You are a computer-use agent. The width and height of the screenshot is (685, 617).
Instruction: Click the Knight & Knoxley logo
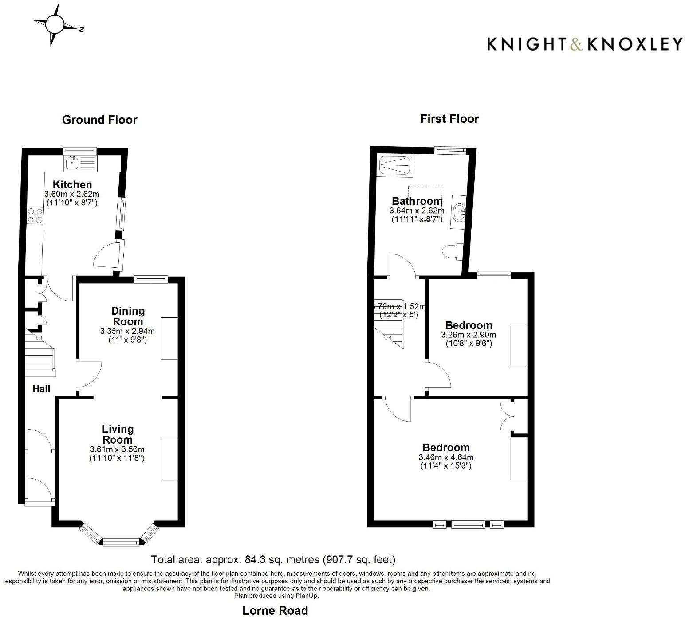pyautogui.click(x=584, y=44)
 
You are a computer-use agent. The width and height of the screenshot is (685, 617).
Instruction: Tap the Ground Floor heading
pyautogui.click(x=99, y=120)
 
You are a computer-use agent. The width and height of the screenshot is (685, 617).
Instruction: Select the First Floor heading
pyautogui.click(x=449, y=119)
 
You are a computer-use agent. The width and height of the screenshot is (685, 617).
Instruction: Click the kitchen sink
pyautogui.click(x=71, y=164)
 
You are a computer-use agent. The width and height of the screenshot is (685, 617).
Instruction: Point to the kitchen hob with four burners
pyautogui.click(x=35, y=215)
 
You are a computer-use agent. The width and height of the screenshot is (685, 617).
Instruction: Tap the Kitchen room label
pyautogui.click(x=72, y=184)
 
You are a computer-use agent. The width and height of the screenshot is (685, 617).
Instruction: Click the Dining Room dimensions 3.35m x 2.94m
pyautogui.click(x=127, y=331)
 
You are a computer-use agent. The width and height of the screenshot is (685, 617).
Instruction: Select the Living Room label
pyautogui.click(x=118, y=434)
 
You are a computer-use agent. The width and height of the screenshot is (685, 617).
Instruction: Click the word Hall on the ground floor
pyautogui.click(x=41, y=389)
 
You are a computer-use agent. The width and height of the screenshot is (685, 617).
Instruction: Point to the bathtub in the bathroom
pyautogui.click(x=395, y=166)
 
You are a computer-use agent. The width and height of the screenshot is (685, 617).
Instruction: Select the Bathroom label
pyautogui.click(x=417, y=201)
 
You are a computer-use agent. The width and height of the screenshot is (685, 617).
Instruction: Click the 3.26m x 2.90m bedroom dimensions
pyautogui.click(x=468, y=335)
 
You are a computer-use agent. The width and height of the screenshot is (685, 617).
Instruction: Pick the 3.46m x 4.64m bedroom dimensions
pyautogui.click(x=446, y=457)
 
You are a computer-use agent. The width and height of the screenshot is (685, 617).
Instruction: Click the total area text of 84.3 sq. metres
pyautogui.click(x=273, y=559)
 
